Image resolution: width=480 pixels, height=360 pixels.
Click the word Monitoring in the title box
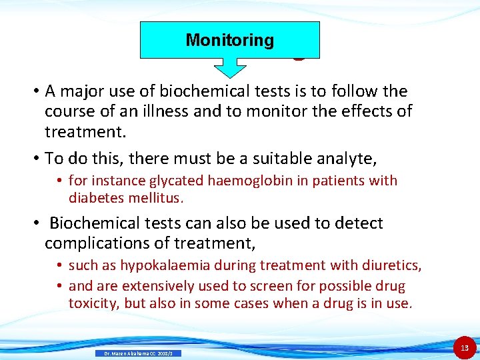click(229, 40)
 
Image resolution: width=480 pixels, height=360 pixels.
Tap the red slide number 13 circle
click(465, 347)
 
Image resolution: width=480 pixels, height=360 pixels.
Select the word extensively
click(155, 286)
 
